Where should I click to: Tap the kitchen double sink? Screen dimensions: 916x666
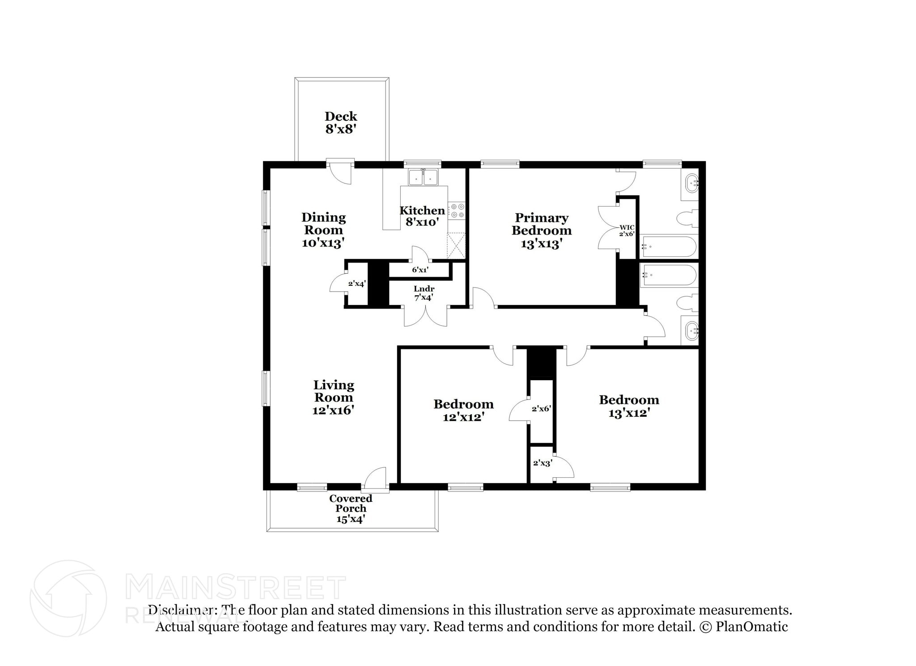coord(423,177)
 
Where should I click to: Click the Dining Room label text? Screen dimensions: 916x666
coord(323,224)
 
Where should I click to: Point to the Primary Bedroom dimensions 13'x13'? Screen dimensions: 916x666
coord(541,244)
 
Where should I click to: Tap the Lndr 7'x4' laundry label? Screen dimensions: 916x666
coord(424,293)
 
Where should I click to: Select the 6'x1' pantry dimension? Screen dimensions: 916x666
coord(420,270)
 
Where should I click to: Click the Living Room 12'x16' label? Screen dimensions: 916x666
coord(334,397)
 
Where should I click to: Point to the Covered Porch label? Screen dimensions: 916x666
coord(351,503)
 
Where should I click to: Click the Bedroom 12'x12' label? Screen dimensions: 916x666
coord(463,411)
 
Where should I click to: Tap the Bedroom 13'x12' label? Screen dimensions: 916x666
coord(629,406)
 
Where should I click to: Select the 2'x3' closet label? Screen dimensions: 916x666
coord(542,463)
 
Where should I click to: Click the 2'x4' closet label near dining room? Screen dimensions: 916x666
coord(357,283)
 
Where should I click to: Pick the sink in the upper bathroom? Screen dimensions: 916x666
coord(691,183)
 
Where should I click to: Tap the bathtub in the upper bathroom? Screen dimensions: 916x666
coord(668,246)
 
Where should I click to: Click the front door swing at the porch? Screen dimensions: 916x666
coord(375,478)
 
